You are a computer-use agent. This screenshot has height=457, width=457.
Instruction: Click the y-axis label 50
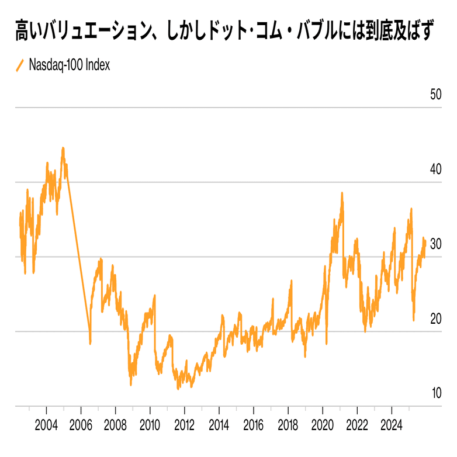coord(435,95)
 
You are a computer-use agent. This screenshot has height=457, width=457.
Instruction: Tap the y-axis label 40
coord(435,169)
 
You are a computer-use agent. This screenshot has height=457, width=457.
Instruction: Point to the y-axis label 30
coord(435,244)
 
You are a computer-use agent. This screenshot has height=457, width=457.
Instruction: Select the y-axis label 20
coord(435,319)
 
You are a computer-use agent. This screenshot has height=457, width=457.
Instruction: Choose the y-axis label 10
coord(435,393)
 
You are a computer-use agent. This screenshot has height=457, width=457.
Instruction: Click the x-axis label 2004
coord(47,423)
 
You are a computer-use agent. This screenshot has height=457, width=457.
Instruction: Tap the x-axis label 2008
coord(116,423)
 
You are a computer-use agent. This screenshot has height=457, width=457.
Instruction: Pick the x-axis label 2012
coord(185,423)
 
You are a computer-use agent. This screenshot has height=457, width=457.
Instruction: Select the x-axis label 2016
coord(254,423)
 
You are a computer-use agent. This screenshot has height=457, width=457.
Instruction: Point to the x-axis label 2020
coord(323,423)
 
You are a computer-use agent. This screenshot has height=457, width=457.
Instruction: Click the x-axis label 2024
coord(392,423)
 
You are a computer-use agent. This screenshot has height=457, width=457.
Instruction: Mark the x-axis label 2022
coord(357,423)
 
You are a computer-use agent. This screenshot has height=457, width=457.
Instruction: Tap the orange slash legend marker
coord(20,65)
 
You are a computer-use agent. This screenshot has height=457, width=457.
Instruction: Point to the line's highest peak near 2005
coord(63,148)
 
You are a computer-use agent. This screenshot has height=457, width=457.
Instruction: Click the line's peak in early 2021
coord(342,193)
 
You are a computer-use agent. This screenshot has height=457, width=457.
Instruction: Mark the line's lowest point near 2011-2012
coord(178,389)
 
